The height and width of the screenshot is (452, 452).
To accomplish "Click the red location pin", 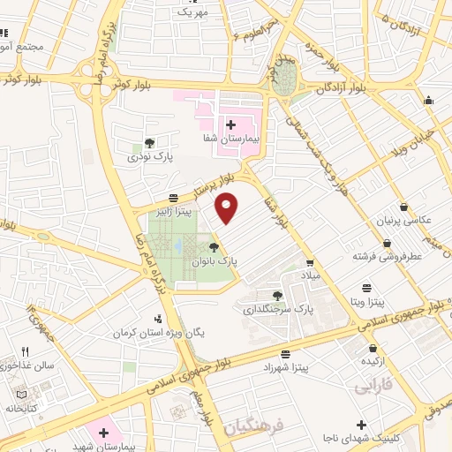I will pos(228,207).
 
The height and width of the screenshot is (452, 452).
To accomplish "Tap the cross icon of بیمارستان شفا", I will pos(230,124).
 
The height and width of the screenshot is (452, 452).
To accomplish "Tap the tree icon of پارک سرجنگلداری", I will pos(278,296).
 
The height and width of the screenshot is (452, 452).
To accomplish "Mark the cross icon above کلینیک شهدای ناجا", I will pos(361,425).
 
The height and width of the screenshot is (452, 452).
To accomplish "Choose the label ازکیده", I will pos(372,361).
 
